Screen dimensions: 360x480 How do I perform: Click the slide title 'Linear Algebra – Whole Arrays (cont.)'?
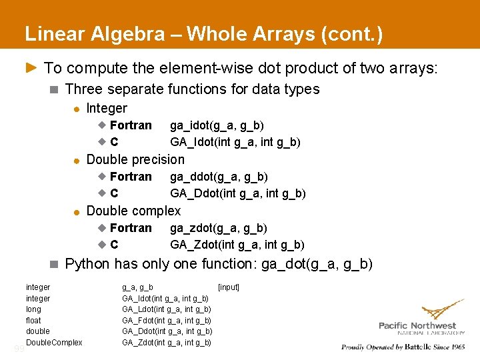coord(203,34)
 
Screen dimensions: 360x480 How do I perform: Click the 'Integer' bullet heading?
coord(107,108)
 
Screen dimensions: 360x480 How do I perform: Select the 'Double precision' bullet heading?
coord(135,159)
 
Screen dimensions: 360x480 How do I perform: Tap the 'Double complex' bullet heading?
coord(133,211)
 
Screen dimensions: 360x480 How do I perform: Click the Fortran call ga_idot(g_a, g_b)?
coord(217,125)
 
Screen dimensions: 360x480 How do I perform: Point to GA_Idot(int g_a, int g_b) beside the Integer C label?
coord(235,142)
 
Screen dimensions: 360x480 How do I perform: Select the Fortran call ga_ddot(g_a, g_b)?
coord(219,177)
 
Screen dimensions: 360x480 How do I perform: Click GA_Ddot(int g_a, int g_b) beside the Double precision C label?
coord(238,193)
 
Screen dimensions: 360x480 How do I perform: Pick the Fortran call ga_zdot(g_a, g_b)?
coord(218,228)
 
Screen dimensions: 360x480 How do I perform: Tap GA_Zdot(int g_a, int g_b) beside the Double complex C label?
coord(237,245)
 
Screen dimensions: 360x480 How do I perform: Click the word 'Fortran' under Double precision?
coord(131,177)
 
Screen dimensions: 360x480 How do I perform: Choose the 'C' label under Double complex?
coord(115,245)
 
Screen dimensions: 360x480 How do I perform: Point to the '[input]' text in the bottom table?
coord(229,287)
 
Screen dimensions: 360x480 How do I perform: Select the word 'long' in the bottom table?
coord(33,309)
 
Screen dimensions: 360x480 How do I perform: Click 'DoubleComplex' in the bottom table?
coord(54,343)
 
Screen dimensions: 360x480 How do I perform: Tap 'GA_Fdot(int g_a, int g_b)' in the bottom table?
coord(167,321)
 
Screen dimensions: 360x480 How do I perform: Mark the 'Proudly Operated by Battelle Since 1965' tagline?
coord(403,347)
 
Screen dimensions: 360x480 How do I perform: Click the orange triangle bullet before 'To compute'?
coord(31,67)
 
